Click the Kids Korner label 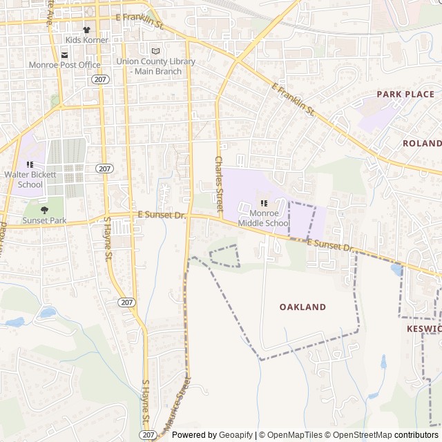click(x=87, y=40)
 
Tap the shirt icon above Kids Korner click(x=87, y=30)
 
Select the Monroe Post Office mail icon click(x=64, y=55)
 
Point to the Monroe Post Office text click(x=64, y=65)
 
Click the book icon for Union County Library click(x=155, y=51)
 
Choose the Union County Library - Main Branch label click(x=155, y=66)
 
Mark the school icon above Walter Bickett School click(x=30, y=164)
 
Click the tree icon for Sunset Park click(x=44, y=210)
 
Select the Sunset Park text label click(x=44, y=220)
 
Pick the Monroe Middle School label click(x=264, y=218)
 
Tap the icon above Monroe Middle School click(x=264, y=203)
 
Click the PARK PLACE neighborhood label click(x=405, y=94)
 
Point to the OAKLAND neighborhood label click(x=302, y=307)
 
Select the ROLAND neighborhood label click(x=422, y=143)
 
